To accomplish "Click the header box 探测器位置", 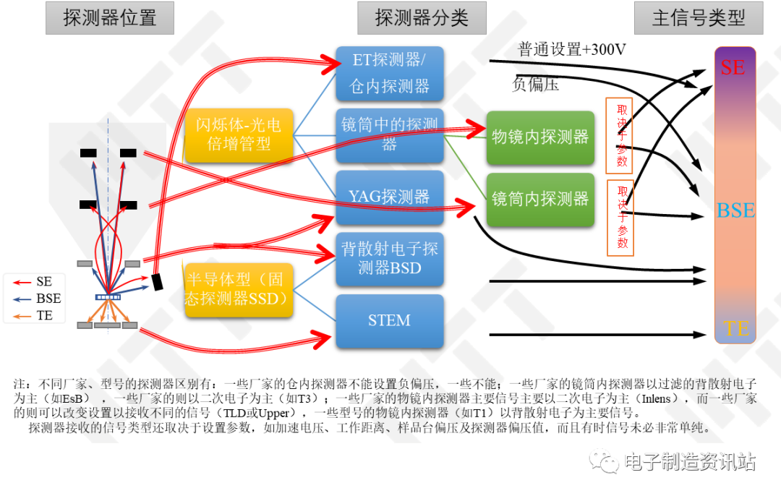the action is click(110, 18).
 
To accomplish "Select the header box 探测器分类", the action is click(422, 18).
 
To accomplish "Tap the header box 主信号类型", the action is click(699, 18).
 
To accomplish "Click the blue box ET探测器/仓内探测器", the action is click(390, 73).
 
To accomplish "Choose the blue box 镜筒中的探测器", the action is click(390, 135).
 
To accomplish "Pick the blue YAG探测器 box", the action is click(390, 197).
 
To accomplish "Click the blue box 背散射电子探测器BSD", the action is click(390, 259).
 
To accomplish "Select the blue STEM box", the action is click(390, 321).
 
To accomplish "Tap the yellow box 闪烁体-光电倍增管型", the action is click(239, 135).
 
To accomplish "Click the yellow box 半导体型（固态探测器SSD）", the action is click(239, 290).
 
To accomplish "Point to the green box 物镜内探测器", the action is click(540, 137).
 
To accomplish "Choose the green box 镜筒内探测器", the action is click(540, 200).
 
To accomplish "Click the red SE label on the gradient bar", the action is click(733, 67).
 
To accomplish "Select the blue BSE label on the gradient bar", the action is click(735, 210).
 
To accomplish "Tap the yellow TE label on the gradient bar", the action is click(736, 328).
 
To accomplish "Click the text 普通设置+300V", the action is click(572, 49).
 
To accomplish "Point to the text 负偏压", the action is click(535, 84).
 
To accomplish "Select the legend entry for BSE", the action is click(37, 299).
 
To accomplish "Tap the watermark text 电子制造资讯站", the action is click(690, 462).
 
